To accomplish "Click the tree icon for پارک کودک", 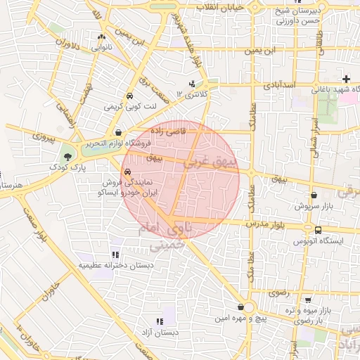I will [67, 156].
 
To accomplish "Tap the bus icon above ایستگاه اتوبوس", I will [319, 230].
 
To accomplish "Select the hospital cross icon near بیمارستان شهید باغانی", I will [345, 78].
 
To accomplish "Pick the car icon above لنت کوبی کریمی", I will [129, 96].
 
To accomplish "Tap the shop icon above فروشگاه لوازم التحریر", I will [118, 132].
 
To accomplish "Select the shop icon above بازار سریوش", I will [313, 196].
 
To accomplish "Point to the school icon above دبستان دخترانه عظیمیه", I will [115, 255].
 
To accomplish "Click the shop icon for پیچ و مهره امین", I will [241, 307].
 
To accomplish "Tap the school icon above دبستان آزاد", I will [167, 321].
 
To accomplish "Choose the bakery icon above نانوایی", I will [103, 37].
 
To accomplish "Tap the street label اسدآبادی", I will [278, 85].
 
